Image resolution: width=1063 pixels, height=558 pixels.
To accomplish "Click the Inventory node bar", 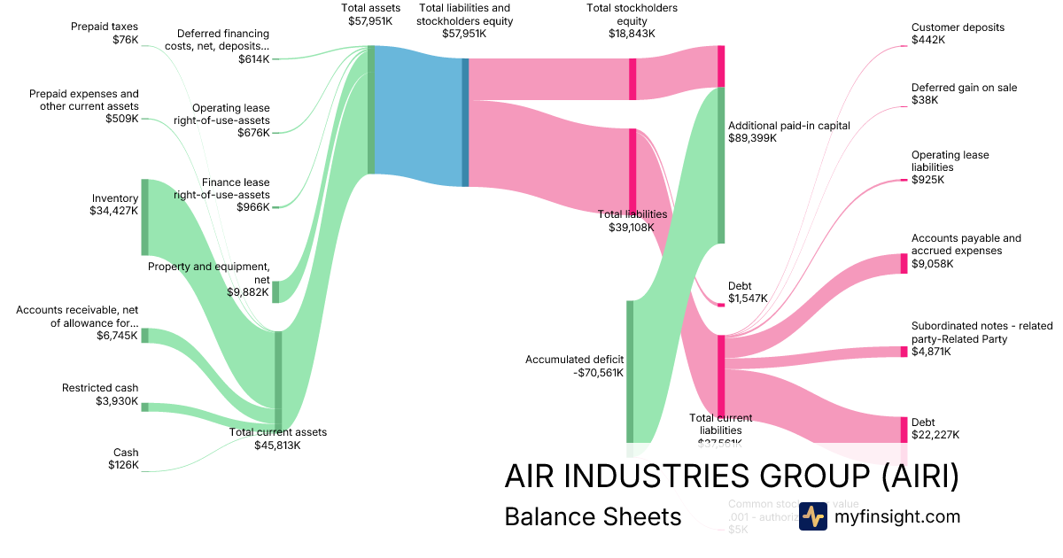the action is coord(144,217).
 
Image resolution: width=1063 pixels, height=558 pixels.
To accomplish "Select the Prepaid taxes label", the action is coord(105,27).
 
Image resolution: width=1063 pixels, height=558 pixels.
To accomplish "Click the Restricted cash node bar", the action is coord(144,407).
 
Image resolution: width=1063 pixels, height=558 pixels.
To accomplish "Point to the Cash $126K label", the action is coord(123,459).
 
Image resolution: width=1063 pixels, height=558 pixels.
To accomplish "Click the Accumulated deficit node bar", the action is coord(630,372).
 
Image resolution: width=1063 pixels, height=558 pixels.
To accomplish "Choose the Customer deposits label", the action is coord(958,27).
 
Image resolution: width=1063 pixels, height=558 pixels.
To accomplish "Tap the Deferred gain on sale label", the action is coord(964,88).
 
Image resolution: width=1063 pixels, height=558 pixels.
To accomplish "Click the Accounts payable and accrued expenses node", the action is coord(904,263).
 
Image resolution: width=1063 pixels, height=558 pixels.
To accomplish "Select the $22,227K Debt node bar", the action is coord(904,430).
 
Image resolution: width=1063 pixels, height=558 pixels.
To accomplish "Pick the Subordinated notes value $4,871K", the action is coord(931,352).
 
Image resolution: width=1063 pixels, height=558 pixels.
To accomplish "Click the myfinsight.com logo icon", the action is coord(812,516).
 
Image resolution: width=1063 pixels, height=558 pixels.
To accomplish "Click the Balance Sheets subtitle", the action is coord(592,516).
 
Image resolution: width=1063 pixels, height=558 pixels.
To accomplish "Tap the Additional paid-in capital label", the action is coord(788,126).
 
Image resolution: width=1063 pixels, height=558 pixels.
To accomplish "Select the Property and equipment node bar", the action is coord(275,291).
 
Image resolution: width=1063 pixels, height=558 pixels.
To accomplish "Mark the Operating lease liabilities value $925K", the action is coord(927,180).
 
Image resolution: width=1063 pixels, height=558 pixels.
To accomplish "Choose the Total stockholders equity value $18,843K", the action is coord(632,33).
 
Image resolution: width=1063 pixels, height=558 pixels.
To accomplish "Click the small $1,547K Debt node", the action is coord(721,304).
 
